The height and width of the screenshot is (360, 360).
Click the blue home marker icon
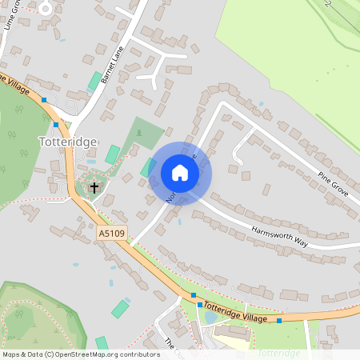[x=180, y=173]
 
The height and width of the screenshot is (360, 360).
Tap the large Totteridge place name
[x=68, y=142]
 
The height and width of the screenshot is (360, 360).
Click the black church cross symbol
[x=94, y=188]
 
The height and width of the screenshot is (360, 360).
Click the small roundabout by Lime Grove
[x=46, y=8]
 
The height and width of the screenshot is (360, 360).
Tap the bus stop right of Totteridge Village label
[x=279, y=321]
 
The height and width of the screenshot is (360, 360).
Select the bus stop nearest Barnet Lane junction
[x=56, y=125]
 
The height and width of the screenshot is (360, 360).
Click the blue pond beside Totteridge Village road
[x=210, y=318]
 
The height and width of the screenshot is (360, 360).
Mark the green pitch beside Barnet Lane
[x=95, y=81]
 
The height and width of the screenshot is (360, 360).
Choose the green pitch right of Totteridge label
[x=112, y=154]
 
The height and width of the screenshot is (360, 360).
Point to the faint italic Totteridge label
[x=279, y=353]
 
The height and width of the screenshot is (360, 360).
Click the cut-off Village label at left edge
[x=14, y=85]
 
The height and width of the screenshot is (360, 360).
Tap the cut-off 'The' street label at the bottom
[x=169, y=342]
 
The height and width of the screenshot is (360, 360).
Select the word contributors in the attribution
[x=135, y=354]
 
